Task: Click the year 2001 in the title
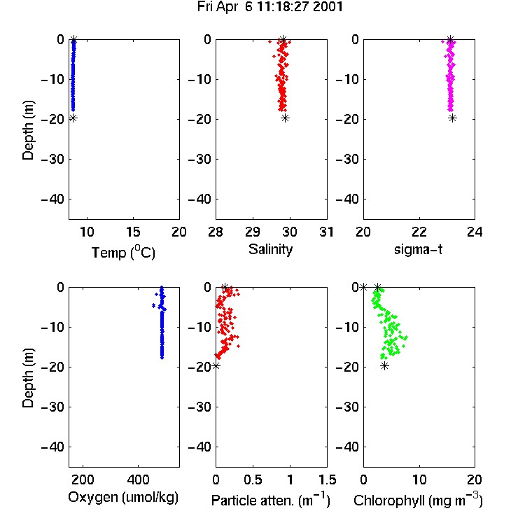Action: point(328,7)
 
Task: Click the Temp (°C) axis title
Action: point(123,252)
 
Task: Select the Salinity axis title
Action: point(270,249)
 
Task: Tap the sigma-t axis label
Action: point(418,249)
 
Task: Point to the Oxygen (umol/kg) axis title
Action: point(123,497)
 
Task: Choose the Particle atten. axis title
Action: point(271,500)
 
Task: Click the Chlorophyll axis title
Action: point(418,500)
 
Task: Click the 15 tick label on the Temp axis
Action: point(133,232)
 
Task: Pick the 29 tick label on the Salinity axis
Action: point(253,232)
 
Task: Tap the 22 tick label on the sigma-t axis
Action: point(419,232)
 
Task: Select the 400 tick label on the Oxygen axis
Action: point(138,479)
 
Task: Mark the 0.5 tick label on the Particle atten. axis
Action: point(253,479)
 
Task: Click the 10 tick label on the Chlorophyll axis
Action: point(419,479)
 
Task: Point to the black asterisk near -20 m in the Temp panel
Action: point(73,118)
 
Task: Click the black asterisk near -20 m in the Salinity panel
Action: point(285,118)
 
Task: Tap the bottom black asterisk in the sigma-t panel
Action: point(452,118)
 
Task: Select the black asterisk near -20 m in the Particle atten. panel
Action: point(216,365)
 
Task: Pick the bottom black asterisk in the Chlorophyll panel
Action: point(385,366)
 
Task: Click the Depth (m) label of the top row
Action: point(28,130)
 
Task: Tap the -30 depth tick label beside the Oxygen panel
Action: point(52,407)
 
